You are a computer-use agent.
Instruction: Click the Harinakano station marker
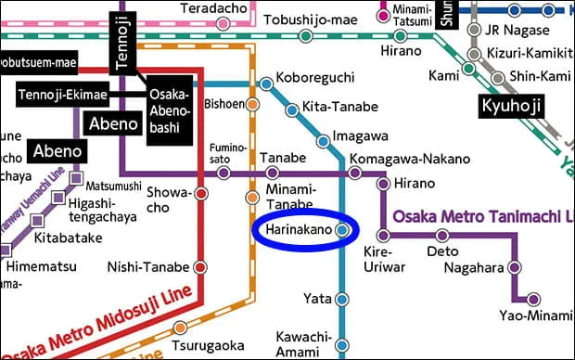[x=342, y=229]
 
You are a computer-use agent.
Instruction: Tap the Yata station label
[x=318, y=299]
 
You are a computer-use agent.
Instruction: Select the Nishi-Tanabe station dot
[x=200, y=268]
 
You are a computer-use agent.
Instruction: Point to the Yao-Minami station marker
[x=533, y=299]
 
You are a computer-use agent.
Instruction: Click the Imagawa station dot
[x=323, y=142]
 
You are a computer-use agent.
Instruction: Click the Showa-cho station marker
[x=200, y=194]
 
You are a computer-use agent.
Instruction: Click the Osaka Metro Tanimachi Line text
[x=483, y=216]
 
